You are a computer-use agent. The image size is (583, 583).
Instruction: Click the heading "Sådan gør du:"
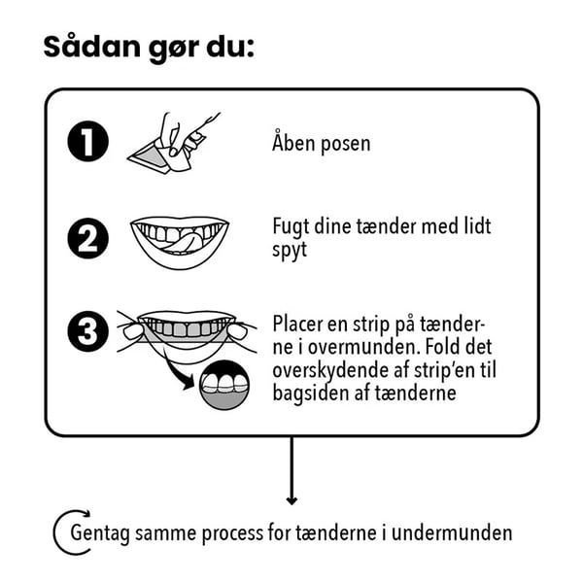tap(149, 48)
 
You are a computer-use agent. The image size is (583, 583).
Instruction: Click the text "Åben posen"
tap(321, 144)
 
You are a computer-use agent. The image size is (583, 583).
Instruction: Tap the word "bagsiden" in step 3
tap(311, 393)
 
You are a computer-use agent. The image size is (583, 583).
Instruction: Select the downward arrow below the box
tap(291, 471)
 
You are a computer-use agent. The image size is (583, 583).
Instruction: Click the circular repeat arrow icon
tap(69, 532)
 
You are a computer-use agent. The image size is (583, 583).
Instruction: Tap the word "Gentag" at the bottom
tap(102, 533)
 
